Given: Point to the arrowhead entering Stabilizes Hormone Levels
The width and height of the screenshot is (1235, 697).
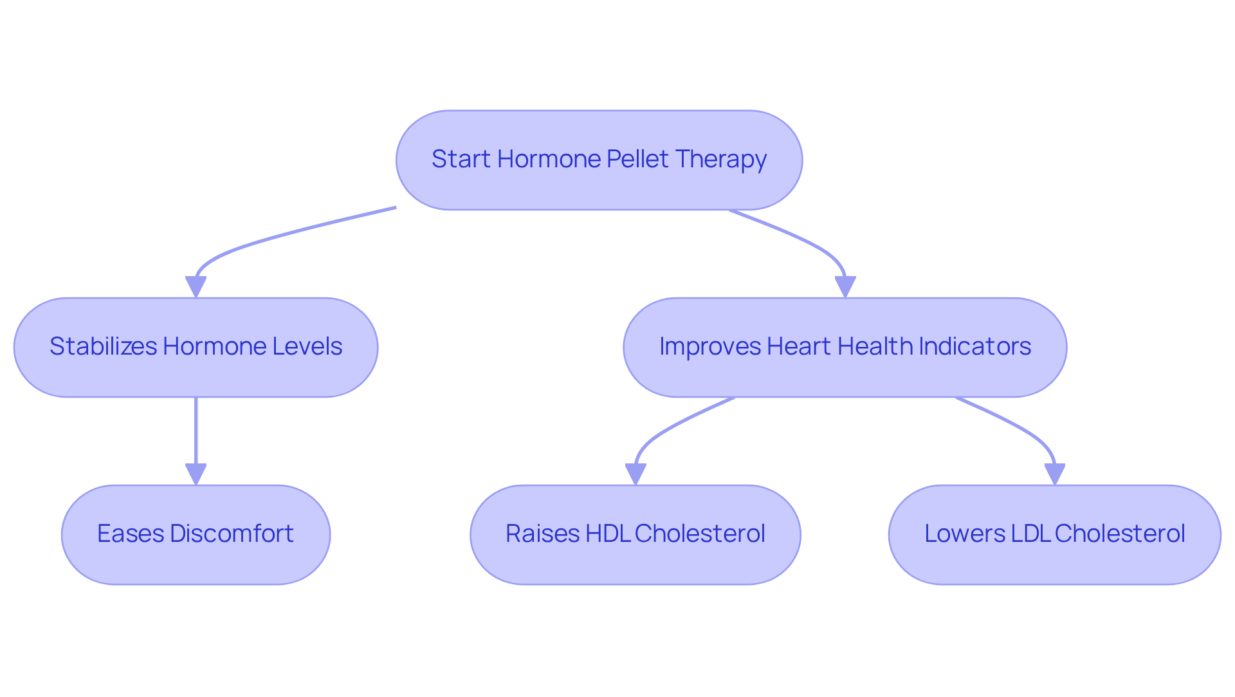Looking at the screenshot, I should [196, 286].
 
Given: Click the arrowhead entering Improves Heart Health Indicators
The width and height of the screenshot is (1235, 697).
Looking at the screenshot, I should [845, 286].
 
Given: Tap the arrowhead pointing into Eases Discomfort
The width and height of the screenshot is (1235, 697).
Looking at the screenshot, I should [196, 474].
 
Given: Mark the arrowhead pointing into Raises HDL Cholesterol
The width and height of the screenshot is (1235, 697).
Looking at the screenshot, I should [635, 474].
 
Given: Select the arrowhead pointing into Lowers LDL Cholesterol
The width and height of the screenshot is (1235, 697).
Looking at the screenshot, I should [1054, 474].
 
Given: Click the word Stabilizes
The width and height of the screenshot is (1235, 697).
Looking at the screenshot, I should [103, 346].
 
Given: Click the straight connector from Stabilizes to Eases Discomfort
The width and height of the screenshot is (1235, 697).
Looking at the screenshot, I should [196, 431].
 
